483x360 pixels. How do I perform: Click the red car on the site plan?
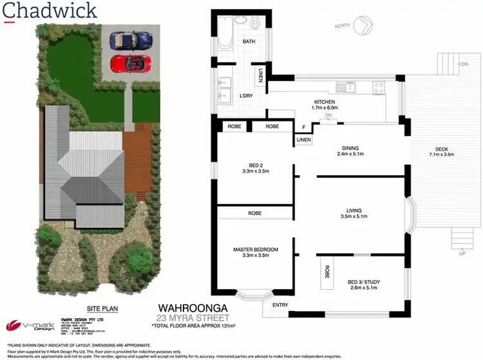point(129,63)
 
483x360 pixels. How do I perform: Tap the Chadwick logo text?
point(51,11)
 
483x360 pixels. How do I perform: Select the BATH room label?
point(249,42)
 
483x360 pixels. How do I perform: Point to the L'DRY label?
point(245,96)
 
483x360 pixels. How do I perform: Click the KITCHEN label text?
point(325,102)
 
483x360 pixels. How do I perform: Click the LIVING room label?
point(353,210)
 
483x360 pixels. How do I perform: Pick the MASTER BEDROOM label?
point(256,249)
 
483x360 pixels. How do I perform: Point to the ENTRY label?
point(280,305)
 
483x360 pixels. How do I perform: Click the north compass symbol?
point(362,26)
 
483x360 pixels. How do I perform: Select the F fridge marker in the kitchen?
point(303,128)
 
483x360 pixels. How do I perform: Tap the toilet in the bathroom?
point(256,24)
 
